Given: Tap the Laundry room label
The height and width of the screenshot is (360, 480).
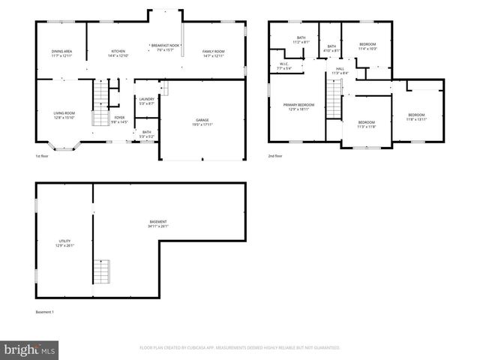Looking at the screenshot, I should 146,101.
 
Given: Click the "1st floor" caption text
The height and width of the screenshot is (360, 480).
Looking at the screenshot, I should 43,156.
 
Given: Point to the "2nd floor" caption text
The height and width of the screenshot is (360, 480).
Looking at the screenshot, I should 276,156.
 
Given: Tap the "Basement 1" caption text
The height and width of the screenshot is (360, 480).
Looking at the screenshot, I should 45,312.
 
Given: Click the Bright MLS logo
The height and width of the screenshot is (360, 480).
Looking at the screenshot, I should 30,349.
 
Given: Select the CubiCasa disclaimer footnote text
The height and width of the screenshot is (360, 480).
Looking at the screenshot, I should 240,348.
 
